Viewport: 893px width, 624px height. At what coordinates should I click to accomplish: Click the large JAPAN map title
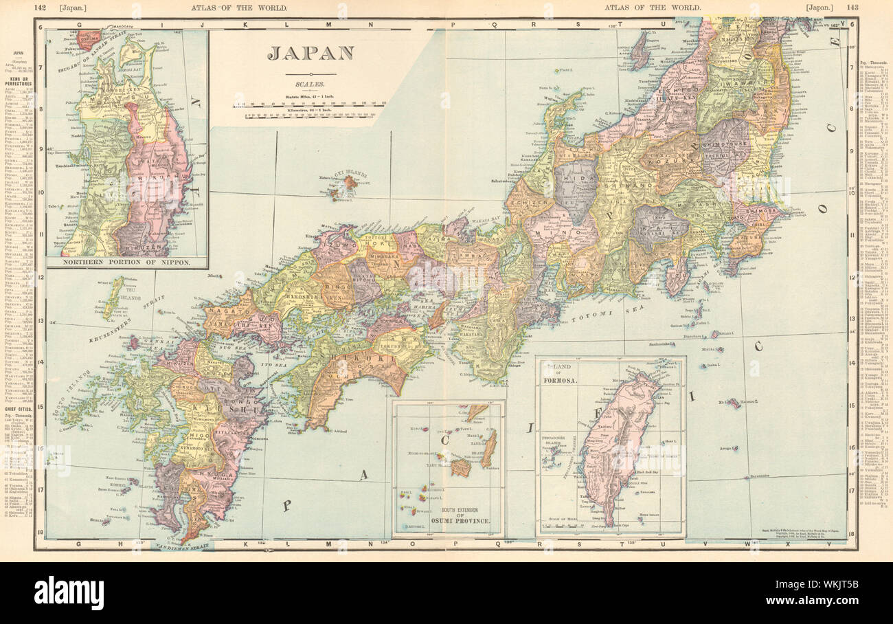[310, 54]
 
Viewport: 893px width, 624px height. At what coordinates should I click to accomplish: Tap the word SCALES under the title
[310, 85]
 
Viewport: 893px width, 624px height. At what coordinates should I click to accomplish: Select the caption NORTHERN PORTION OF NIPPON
[126, 262]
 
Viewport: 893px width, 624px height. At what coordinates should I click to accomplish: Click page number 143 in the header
[852, 7]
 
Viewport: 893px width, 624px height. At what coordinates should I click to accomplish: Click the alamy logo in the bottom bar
[69, 593]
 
